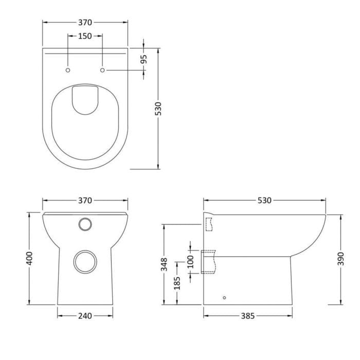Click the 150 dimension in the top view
point(85,36)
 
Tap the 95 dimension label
point(143,59)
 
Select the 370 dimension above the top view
point(85,23)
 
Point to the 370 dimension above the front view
point(85,201)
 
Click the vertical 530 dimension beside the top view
point(158,109)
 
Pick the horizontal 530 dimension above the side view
point(264,201)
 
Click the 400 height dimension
point(29,258)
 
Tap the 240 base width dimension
point(85,316)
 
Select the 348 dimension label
point(164,264)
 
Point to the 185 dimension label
point(177,283)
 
